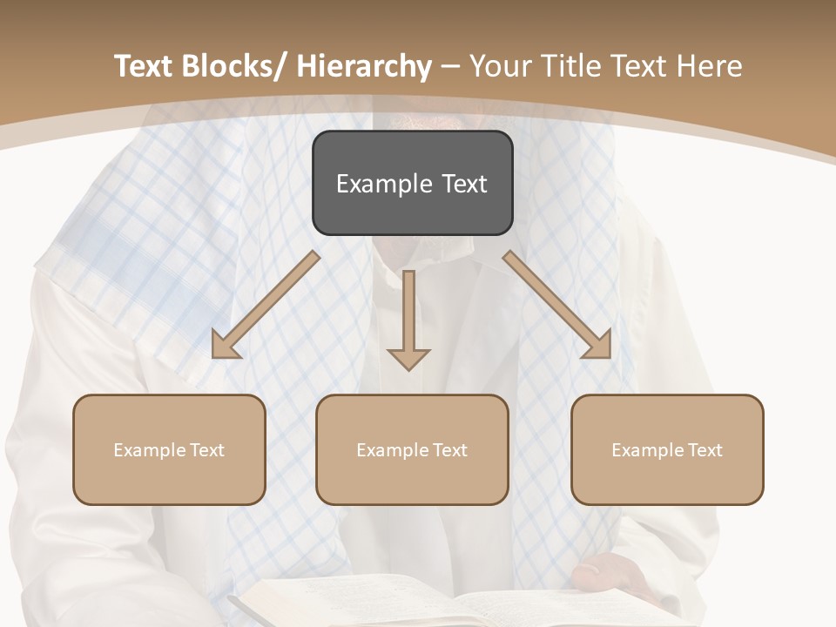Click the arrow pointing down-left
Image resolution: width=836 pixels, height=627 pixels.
click(266, 305)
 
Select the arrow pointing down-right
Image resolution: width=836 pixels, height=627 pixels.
click(557, 305)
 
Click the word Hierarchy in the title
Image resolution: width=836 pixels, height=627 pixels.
click(364, 66)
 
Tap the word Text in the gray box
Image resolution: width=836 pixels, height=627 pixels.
click(464, 184)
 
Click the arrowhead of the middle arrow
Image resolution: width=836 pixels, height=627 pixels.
click(408, 358)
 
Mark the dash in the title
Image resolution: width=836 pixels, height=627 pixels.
click(451, 66)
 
